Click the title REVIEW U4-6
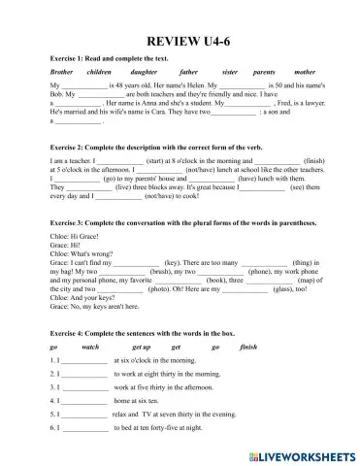tap(180, 43)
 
